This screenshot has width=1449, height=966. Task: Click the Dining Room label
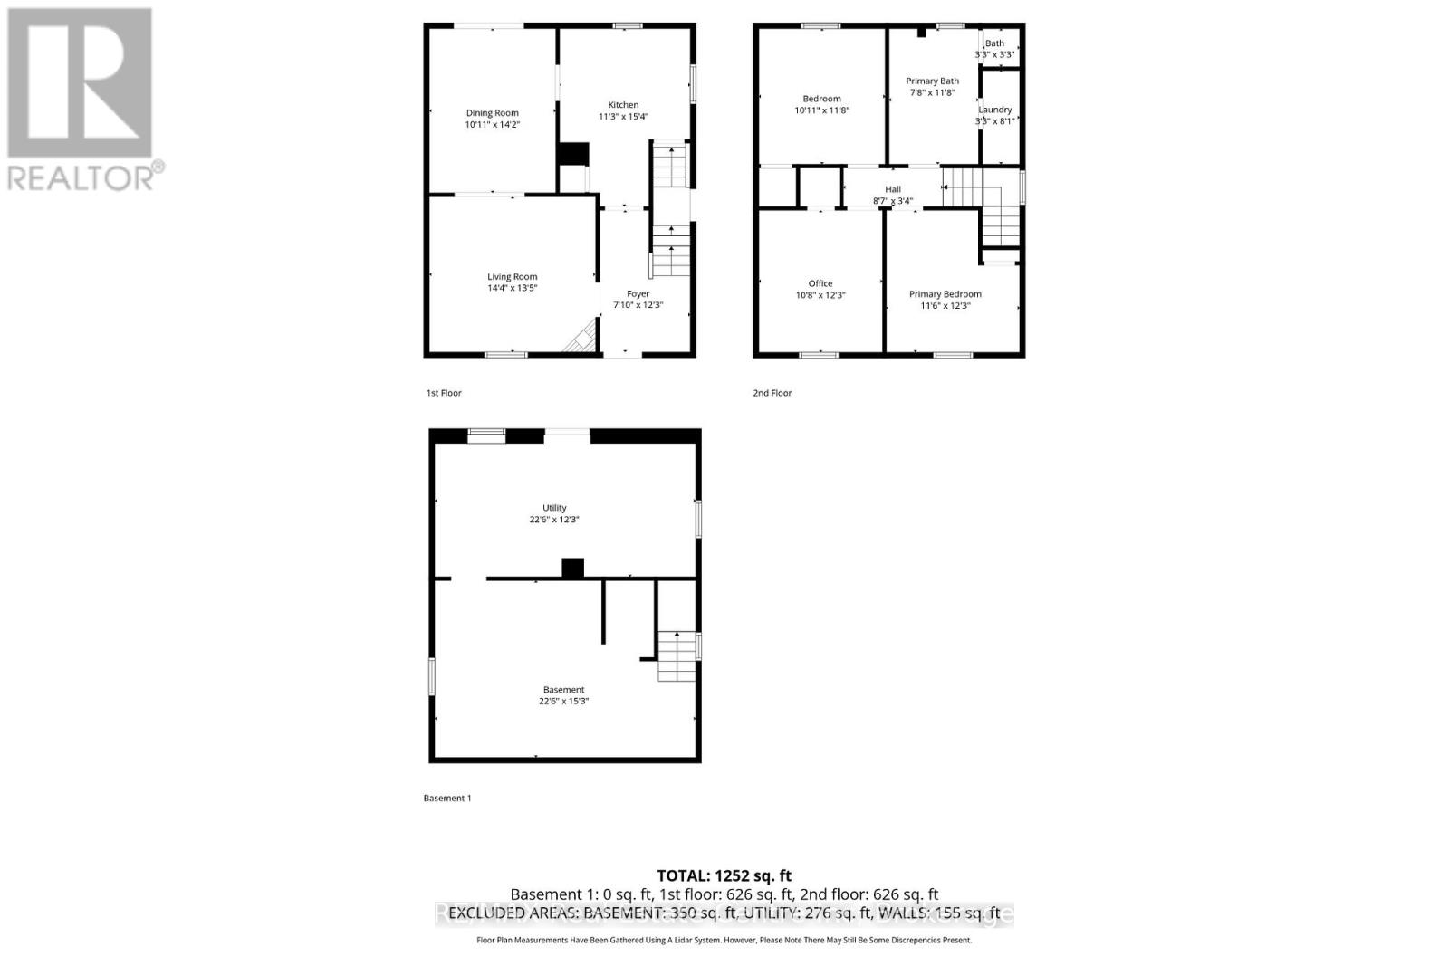(493, 113)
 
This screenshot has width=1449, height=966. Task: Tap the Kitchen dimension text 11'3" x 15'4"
(623, 117)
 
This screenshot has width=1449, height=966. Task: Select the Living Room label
(513, 277)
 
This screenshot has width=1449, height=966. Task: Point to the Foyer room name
(638, 293)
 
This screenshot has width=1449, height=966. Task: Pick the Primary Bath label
(932, 81)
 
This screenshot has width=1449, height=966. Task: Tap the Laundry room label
(994, 110)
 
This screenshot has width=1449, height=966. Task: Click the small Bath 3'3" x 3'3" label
(994, 43)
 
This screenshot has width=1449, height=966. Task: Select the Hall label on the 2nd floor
(893, 189)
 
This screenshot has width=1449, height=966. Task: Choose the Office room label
(820, 283)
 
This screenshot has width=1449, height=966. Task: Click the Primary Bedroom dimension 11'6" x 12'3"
(945, 306)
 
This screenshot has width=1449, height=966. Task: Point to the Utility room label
(554, 508)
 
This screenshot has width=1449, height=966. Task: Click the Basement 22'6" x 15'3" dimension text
(563, 702)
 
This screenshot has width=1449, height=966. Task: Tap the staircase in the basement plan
(677, 656)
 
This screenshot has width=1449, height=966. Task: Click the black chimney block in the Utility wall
(572, 569)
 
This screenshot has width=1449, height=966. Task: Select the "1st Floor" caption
(444, 393)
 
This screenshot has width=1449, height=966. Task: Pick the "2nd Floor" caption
(772, 393)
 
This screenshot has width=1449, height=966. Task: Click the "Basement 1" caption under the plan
(447, 799)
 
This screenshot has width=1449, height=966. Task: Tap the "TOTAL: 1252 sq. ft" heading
(724, 875)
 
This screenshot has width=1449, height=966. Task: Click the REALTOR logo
(82, 100)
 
